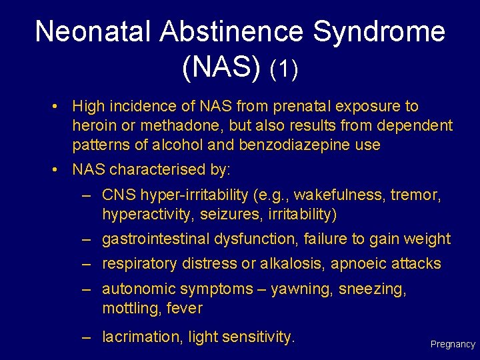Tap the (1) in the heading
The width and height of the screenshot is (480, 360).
pyautogui.click(x=284, y=69)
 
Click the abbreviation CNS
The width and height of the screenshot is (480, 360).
pyautogui.click(x=117, y=195)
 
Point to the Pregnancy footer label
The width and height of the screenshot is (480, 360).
pyautogui.click(x=453, y=345)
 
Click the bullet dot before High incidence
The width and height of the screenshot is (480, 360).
pyautogui.click(x=59, y=107)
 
